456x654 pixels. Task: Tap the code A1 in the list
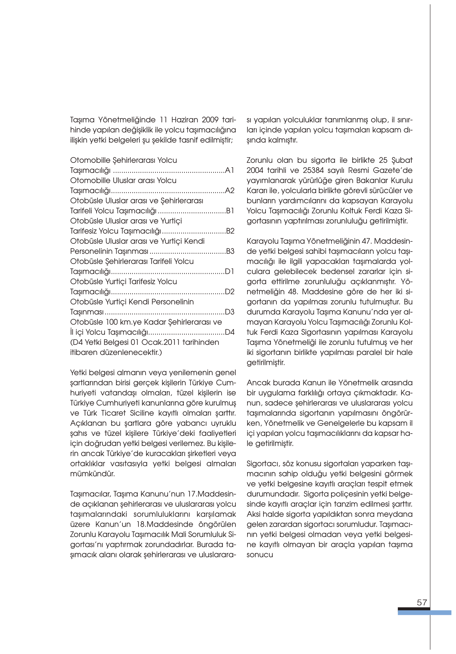click(x=229, y=170)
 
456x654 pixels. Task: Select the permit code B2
click(x=230, y=231)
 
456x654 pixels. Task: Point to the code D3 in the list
click(x=229, y=312)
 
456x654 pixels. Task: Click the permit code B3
click(x=230, y=251)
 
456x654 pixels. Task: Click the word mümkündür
click(x=92, y=474)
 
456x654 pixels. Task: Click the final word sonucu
click(x=260, y=555)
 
